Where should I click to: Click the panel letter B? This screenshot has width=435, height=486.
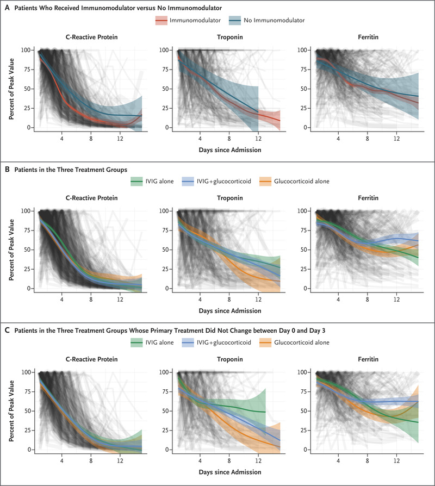(x=7, y=169)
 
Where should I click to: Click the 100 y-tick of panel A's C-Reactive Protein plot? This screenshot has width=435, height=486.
(x=26, y=50)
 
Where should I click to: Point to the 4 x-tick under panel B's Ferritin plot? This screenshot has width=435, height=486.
(x=338, y=299)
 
